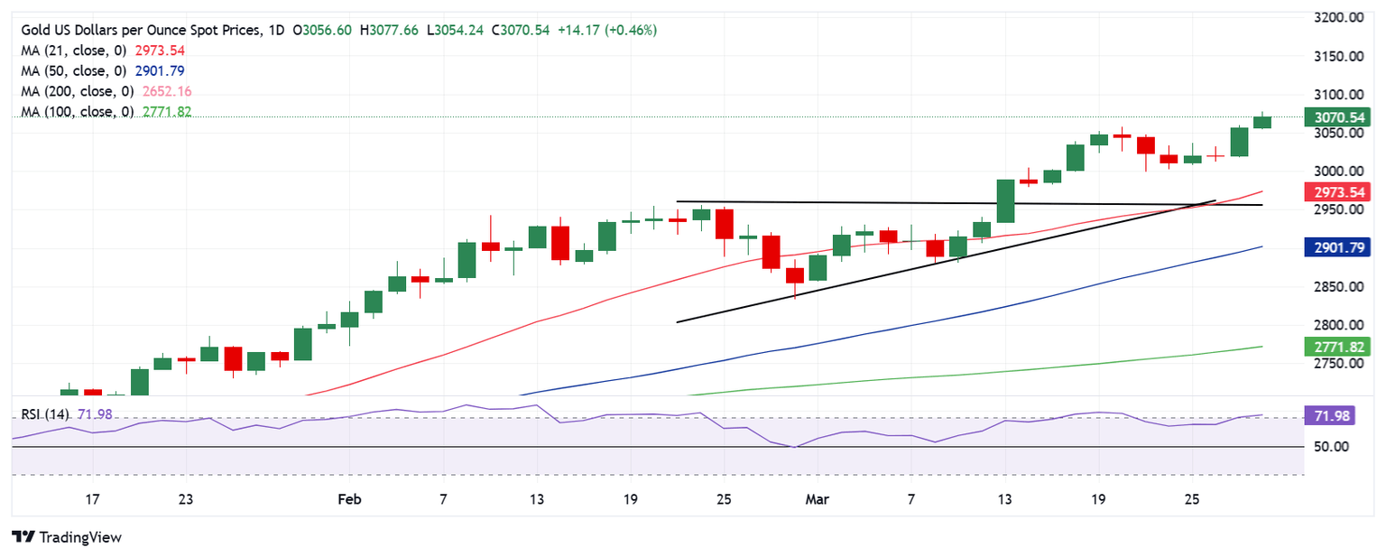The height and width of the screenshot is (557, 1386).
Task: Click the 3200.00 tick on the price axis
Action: (x=1336, y=18)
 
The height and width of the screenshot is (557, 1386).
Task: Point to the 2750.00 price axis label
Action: (x=1336, y=364)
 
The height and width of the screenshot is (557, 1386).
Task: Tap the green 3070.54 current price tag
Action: (x=1336, y=117)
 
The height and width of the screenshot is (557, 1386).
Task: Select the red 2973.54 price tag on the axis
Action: (x=1336, y=191)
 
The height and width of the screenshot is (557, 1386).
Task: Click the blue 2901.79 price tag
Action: (x=1336, y=246)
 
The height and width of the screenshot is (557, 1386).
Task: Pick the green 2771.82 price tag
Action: (x=1336, y=346)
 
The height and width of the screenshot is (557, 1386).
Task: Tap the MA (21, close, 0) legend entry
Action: (x=77, y=51)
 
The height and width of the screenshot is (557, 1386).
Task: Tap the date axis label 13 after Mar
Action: (x=1004, y=498)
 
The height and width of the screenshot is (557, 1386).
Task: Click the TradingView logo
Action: (x=68, y=537)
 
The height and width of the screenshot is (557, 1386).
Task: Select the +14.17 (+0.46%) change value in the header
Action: (x=605, y=31)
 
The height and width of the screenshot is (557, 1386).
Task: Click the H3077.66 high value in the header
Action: (x=394, y=31)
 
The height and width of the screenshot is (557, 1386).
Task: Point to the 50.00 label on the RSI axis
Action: (x=1329, y=447)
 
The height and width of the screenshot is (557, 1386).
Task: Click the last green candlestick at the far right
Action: (x=1262, y=121)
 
